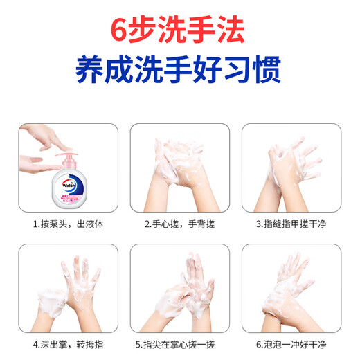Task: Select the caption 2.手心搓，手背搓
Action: pyautogui.click(x=179, y=224)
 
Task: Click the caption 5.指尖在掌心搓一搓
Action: pyautogui.click(x=179, y=343)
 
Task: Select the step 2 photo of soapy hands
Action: pyautogui.click(x=179, y=168)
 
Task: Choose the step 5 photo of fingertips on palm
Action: pyautogui.click(x=179, y=288)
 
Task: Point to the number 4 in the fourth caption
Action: pyautogui.click(x=36, y=343)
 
